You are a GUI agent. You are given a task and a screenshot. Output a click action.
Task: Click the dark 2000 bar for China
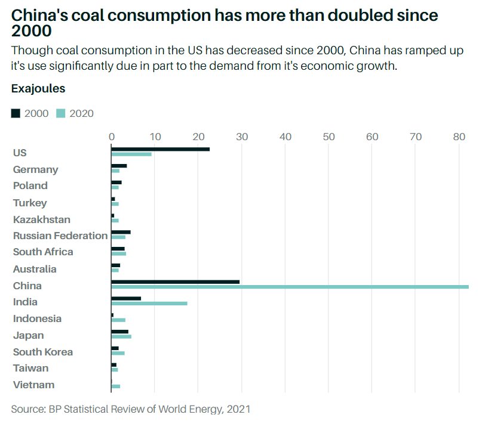(175, 281)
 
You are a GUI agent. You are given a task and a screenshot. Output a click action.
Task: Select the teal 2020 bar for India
(149, 304)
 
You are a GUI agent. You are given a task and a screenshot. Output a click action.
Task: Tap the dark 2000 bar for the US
(160, 148)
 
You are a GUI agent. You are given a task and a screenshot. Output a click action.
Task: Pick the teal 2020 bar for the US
(131, 154)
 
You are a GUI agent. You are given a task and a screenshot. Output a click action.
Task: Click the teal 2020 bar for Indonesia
(118, 320)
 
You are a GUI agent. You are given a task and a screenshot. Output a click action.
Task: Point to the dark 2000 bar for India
(126, 298)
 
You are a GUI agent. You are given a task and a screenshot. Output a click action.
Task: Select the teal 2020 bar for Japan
(121, 337)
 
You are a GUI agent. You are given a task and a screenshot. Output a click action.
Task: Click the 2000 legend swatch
(16, 113)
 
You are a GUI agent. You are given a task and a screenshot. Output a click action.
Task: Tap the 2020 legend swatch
(61, 113)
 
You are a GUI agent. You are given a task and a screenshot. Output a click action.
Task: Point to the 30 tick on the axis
(242, 137)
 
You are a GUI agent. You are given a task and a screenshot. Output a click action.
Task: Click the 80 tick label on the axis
(459, 137)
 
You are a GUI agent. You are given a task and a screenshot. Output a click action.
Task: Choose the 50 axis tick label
(328, 137)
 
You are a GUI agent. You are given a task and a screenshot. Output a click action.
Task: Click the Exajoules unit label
(38, 89)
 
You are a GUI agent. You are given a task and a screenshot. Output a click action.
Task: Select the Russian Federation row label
(60, 236)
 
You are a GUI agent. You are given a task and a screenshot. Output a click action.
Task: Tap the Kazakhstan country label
(42, 219)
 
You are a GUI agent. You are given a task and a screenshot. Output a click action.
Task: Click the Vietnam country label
(33, 385)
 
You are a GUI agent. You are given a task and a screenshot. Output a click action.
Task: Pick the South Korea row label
(43, 352)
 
